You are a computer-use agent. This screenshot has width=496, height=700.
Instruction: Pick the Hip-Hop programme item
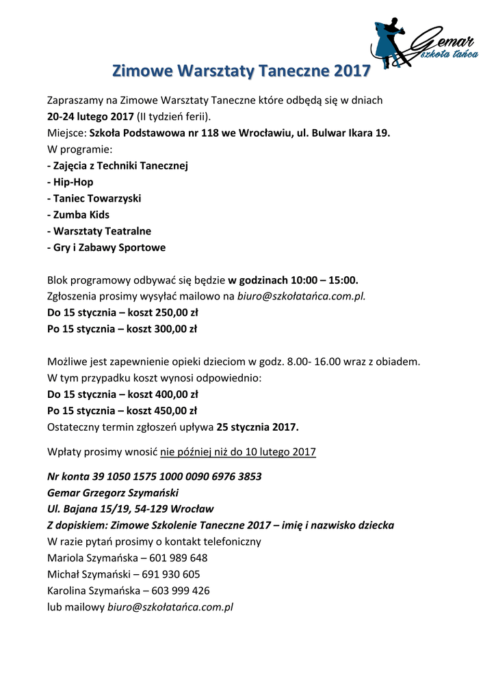(70, 182)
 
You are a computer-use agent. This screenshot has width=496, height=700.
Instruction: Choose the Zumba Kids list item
(78, 215)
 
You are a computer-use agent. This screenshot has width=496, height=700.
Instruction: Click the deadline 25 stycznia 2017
(257, 427)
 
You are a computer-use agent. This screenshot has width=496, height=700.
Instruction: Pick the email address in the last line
(170, 607)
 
